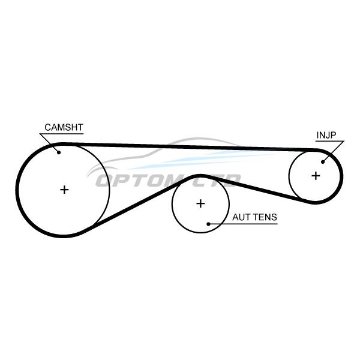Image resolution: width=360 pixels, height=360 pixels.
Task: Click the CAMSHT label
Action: click(x=64, y=127)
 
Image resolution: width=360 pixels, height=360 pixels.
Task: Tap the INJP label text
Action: click(x=326, y=135)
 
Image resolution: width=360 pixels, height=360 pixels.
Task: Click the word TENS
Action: click(x=265, y=217)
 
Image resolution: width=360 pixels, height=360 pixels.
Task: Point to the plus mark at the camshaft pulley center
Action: click(x=64, y=190)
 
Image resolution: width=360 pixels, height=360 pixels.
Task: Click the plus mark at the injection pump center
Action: click(x=316, y=176)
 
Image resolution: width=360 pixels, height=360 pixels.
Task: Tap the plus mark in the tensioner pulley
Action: click(x=200, y=203)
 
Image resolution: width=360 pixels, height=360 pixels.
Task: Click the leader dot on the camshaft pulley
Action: click(x=59, y=152)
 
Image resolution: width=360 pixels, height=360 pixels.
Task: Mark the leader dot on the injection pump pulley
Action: click(x=323, y=162)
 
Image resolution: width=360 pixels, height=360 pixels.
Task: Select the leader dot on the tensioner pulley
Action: click(x=208, y=224)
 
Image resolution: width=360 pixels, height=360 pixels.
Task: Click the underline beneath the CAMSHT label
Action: click(x=62, y=134)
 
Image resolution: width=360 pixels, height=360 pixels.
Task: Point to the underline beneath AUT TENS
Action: click(x=244, y=224)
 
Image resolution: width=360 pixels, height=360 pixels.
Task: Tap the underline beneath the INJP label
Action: click(x=330, y=141)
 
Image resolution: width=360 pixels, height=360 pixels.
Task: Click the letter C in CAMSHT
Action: click(x=48, y=127)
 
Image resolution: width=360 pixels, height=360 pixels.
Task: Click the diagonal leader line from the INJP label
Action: click(x=334, y=152)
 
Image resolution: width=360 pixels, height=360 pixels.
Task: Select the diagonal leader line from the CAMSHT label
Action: click(x=49, y=143)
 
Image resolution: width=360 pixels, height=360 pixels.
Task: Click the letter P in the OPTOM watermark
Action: click(x=125, y=181)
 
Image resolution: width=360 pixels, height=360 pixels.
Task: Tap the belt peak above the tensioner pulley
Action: click(x=200, y=176)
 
